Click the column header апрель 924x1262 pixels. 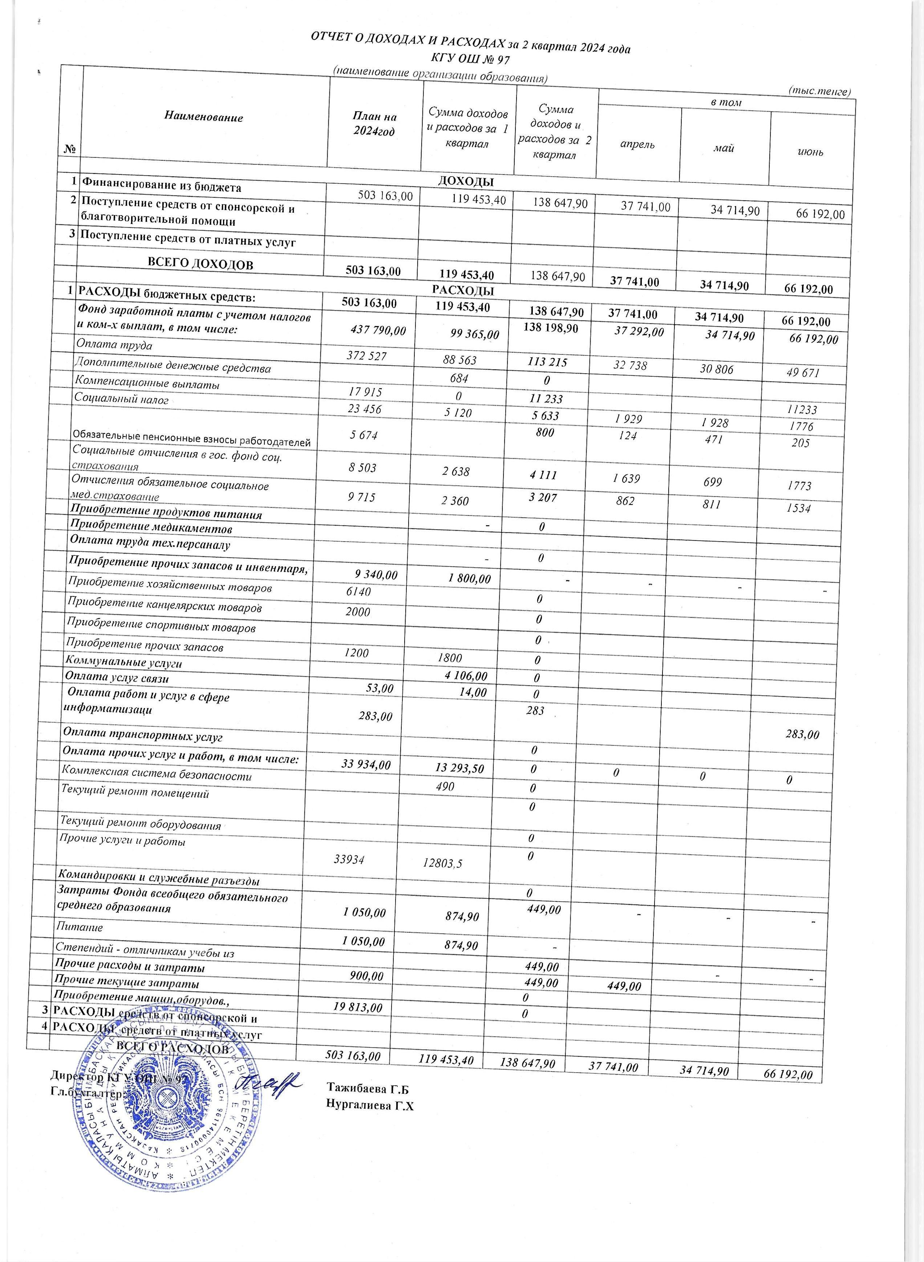pyautogui.click(x=638, y=144)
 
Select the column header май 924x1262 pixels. pyautogui.click(x=724, y=148)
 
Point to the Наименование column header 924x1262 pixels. pyautogui.click(x=204, y=117)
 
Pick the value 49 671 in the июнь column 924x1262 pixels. pyautogui.click(x=803, y=372)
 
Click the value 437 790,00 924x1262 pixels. pyautogui.click(x=377, y=331)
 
